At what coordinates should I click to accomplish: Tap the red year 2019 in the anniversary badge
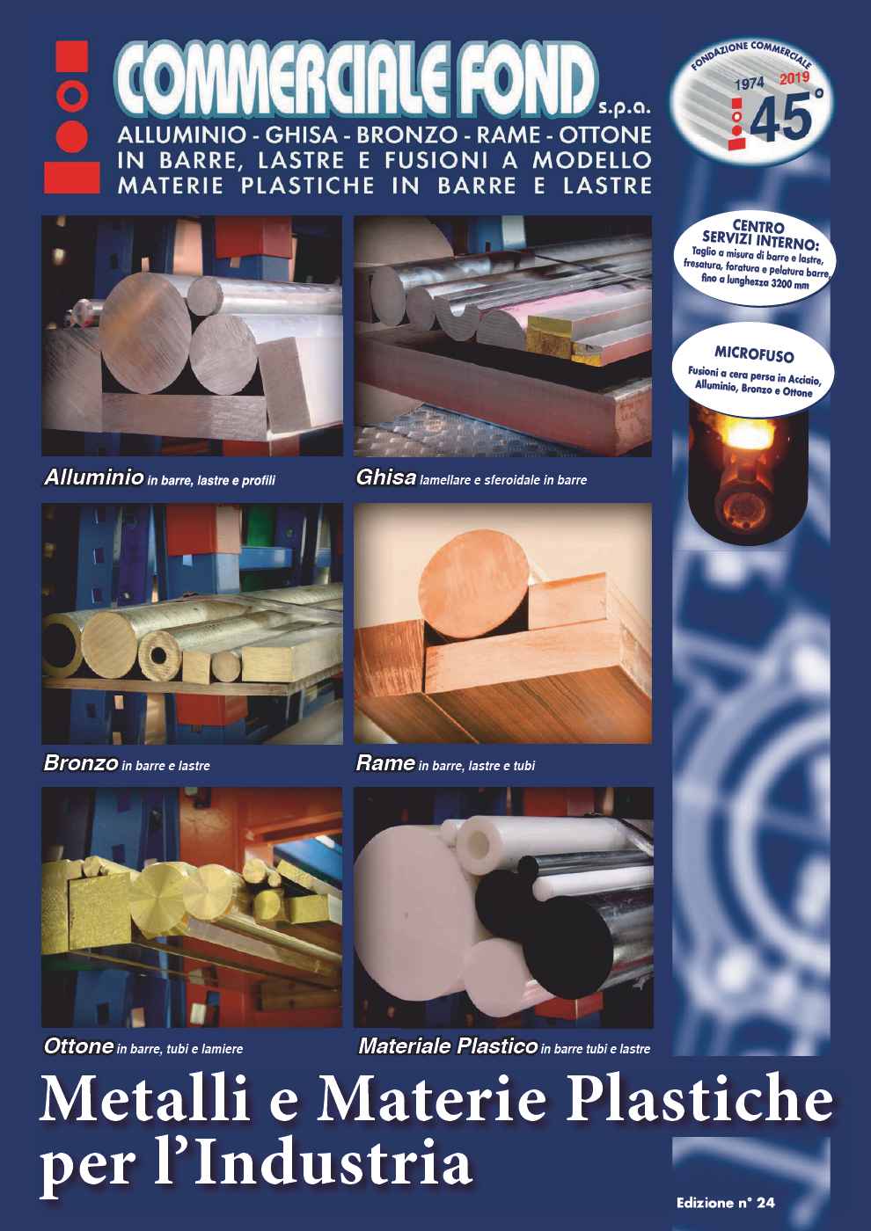pos(794,78)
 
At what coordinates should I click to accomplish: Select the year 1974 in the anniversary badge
pos(750,84)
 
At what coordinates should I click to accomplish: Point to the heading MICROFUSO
pos(754,354)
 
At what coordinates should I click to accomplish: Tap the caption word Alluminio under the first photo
pos(94,477)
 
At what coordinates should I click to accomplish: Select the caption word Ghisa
pos(386,477)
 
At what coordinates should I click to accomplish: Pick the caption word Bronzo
pos(81,763)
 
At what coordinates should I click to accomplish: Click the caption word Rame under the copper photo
pos(385,763)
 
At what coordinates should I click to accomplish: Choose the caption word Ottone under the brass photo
pos(78,1045)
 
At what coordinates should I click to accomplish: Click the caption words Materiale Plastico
pos(448,1045)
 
